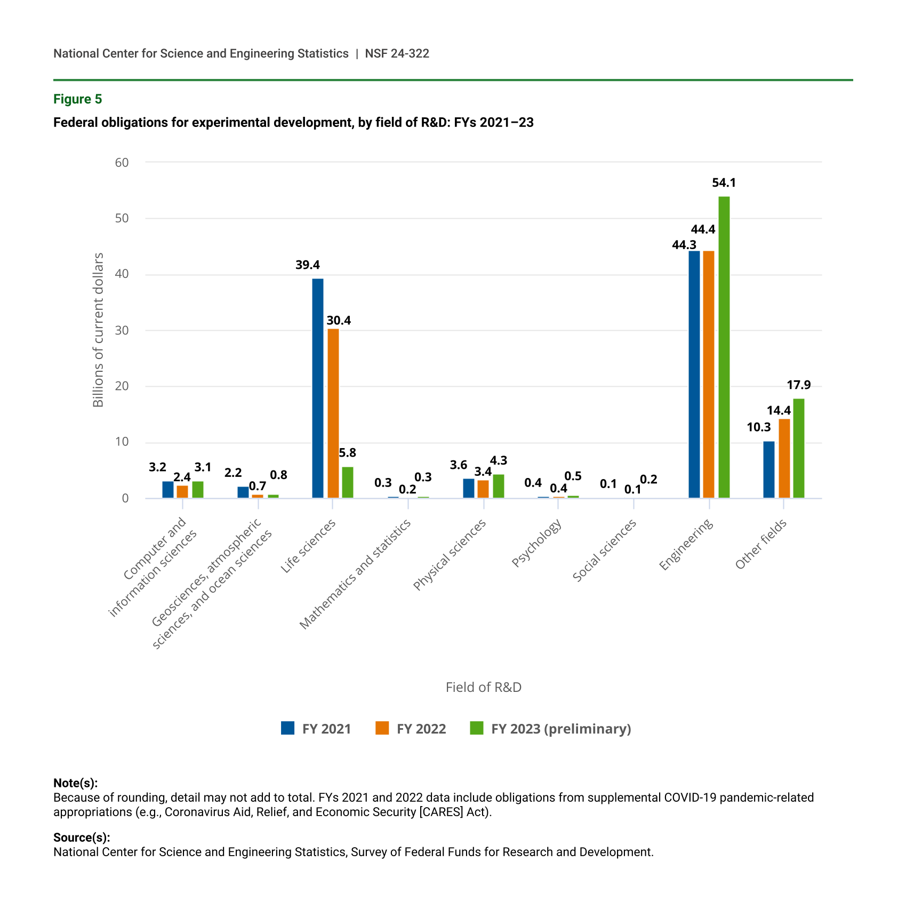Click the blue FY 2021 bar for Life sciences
tap(317, 388)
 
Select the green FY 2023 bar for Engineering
tap(724, 347)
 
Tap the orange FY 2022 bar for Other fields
tap(784, 458)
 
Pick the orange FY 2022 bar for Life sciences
tap(333, 413)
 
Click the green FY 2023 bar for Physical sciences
tap(499, 486)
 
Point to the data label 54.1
tap(724, 183)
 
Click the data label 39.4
tap(308, 265)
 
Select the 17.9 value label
tap(798, 385)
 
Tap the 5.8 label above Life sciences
tap(347, 453)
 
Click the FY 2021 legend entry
tap(316, 729)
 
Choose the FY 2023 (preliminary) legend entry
tap(550, 729)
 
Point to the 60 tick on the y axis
tap(122, 162)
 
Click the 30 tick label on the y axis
tap(122, 330)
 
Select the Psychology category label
tap(536, 543)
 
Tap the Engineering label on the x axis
tap(686, 545)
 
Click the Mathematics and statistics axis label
tap(356, 573)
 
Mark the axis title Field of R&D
tap(483, 687)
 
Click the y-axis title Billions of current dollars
tap(98, 330)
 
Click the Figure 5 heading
tap(78, 99)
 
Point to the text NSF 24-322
tap(397, 53)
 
